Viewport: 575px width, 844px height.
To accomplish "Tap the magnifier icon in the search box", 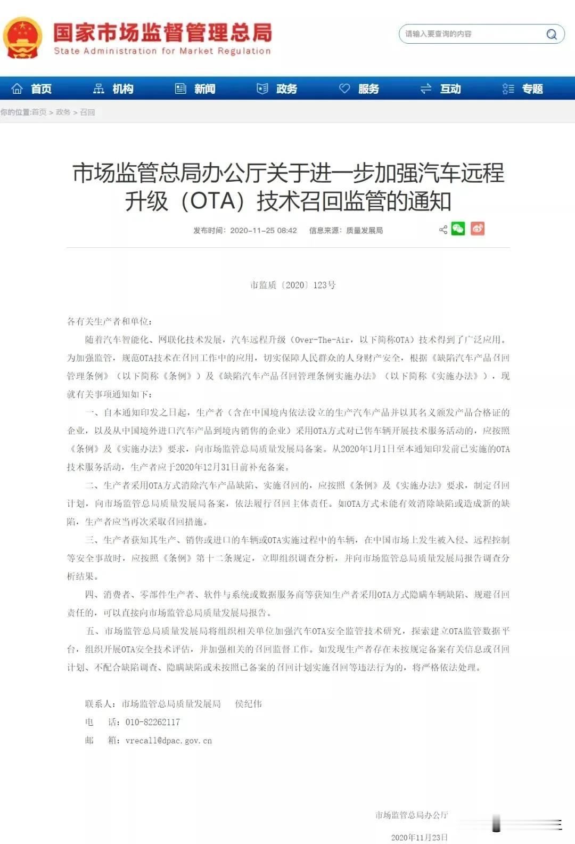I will coord(552,35).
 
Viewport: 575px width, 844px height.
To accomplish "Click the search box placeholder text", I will coord(438,34).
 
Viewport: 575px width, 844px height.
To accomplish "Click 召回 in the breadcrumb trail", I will coord(87,112).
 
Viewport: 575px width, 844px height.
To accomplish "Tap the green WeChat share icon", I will coord(458,229).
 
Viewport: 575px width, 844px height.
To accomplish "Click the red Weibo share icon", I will coord(478,229).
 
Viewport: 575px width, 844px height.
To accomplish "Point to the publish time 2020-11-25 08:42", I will coord(263,231).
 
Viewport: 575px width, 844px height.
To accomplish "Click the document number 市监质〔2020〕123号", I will coord(293,285).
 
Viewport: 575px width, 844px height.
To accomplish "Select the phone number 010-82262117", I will coord(152,723).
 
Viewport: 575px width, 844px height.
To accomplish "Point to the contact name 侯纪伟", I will coord(248,704).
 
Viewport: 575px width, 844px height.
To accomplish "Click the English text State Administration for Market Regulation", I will coord(162,51).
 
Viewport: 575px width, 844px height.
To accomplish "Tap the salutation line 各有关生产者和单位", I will coord(109,321).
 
